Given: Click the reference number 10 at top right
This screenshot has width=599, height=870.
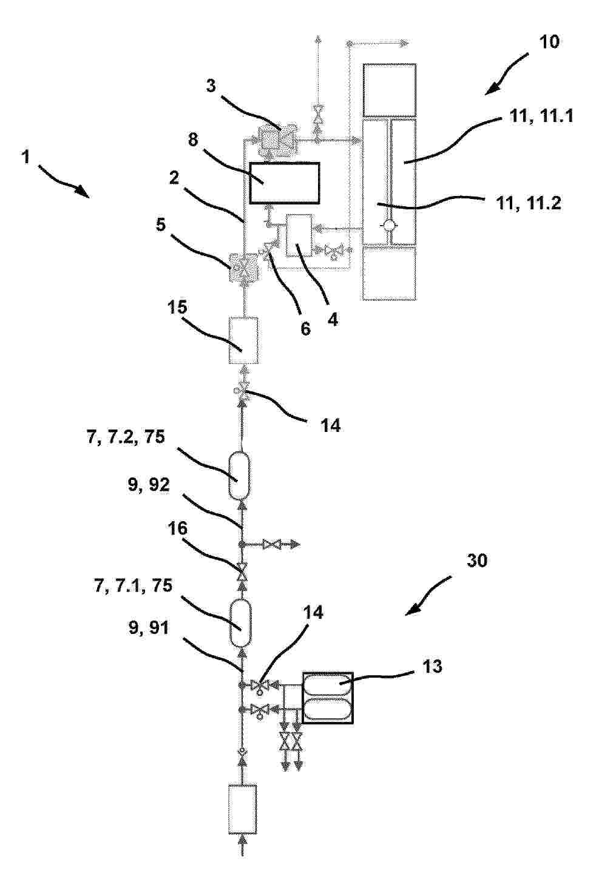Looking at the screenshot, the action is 549,41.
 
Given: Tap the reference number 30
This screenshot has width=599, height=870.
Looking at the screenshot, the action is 476,561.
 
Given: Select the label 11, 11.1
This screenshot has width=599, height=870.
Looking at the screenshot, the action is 541,116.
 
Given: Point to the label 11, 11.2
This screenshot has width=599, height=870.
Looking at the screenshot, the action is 529,203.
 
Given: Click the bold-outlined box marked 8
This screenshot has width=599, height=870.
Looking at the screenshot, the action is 285,183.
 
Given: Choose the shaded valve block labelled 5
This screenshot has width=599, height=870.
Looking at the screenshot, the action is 245,268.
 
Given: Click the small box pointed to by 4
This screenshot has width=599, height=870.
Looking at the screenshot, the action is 299,236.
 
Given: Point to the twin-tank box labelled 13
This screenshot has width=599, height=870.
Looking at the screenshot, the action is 328,698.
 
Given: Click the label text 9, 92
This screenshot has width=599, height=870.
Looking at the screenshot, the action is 149,485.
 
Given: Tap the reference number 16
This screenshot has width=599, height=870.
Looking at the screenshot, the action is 178,528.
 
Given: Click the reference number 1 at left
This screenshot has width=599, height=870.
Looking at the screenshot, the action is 26,157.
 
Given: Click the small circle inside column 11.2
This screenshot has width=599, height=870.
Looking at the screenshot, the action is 388,225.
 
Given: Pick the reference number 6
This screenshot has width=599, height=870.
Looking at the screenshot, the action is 306,329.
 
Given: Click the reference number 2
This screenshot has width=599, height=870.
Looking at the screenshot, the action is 174,178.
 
